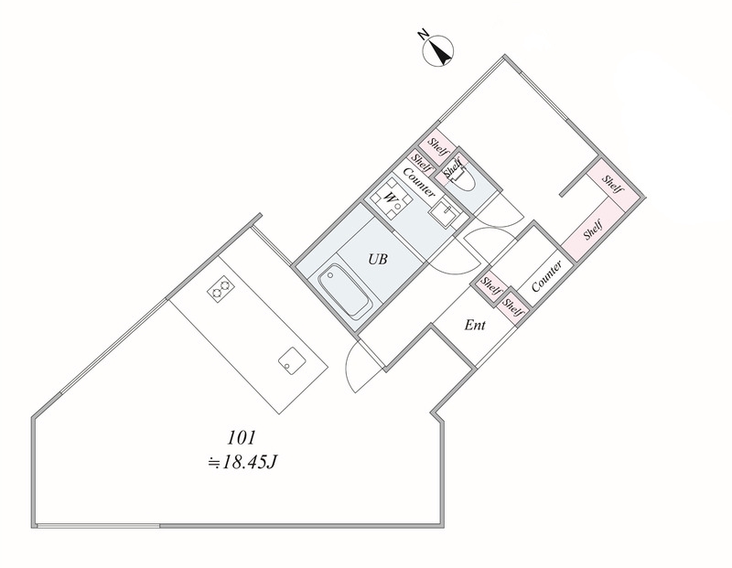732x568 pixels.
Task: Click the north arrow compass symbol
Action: [438, 50]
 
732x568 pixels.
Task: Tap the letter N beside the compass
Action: [423, 34]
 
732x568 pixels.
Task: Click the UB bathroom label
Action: [378, 259]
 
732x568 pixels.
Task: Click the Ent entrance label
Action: [475, 325]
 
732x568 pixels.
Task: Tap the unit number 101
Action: [242, 438]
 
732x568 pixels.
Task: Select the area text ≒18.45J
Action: [242, 463]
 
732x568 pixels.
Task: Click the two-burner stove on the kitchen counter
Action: [221, 289]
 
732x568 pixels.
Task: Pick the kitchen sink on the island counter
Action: [292, 359]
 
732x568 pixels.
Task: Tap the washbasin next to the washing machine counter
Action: [443, 212]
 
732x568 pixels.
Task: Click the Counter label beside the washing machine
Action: [419, 181]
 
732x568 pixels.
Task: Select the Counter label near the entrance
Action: [546, 276]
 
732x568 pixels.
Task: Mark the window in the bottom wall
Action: [99, 526]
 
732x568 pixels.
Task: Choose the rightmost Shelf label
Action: [612, 184]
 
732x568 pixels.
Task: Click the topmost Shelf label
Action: [438, 147]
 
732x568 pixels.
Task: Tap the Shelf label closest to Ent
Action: [512, 307]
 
